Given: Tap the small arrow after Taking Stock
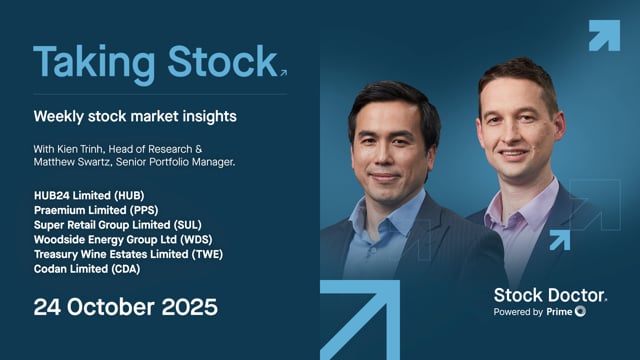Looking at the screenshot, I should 282,73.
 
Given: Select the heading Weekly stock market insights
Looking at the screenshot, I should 135,116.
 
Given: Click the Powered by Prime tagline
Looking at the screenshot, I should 540,313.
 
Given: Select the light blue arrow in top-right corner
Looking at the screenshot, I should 603,35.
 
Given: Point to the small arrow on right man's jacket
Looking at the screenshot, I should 558,240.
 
